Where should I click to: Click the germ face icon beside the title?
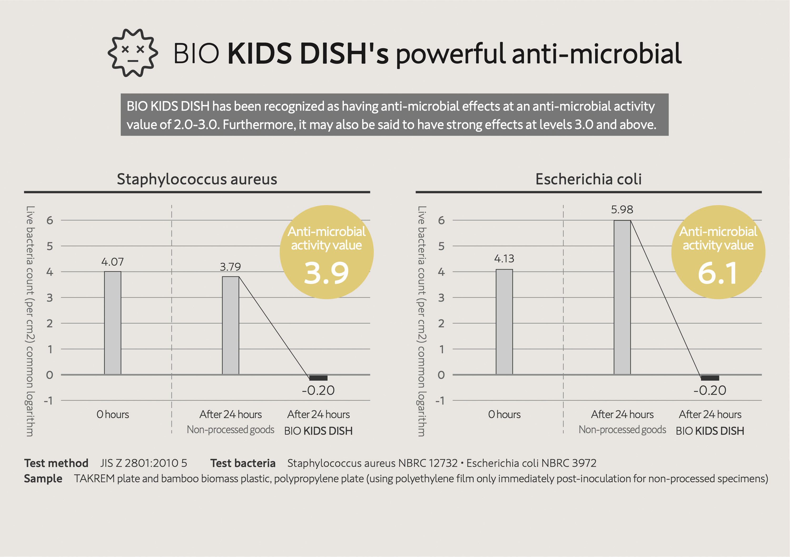coord(133,53)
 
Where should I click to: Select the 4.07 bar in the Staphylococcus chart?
coord(112,323)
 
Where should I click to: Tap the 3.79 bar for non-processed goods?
coord(230,326)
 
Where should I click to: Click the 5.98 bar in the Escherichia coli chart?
coord(622,297)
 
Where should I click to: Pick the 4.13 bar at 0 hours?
coord(504,322)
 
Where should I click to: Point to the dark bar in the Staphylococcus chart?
coord(318,378)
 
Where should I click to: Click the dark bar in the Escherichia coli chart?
coord(710,378)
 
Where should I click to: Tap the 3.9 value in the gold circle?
coord(326,273)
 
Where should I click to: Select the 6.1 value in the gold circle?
coord(718,273)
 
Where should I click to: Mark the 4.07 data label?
coord(112,262)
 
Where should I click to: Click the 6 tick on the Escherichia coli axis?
coord(441,220)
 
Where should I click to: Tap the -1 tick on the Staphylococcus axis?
coord(48,401)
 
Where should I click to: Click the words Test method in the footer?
coord(56,463)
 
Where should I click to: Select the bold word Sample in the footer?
coord(43,479)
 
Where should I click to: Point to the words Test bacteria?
coord(243,463)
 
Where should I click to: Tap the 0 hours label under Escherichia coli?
coord(504,414)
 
